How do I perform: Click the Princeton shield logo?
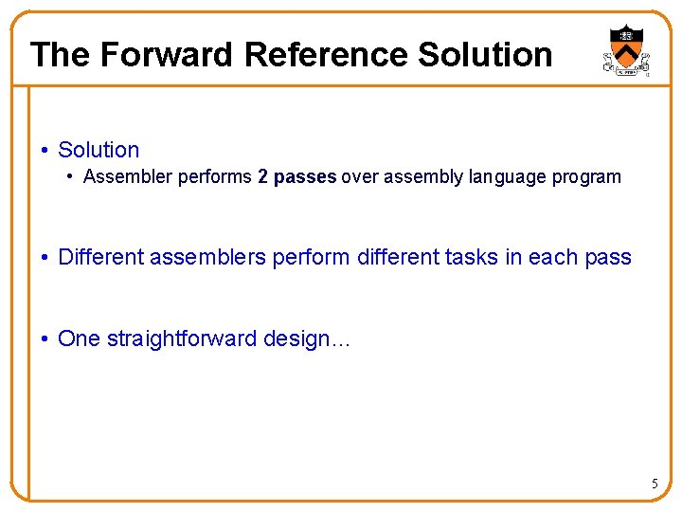tap(626, 50)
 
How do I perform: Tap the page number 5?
tap(654, 485)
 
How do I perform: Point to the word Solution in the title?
tap(484, 55)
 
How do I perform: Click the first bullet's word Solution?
tap(99, 150)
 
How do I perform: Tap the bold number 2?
tap(262, 176)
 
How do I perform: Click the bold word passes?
tap(305, 177)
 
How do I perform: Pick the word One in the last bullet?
tap(79, 339)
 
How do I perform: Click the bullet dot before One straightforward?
tap(45, 339)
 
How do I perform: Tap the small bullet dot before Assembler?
tap(71, 177)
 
